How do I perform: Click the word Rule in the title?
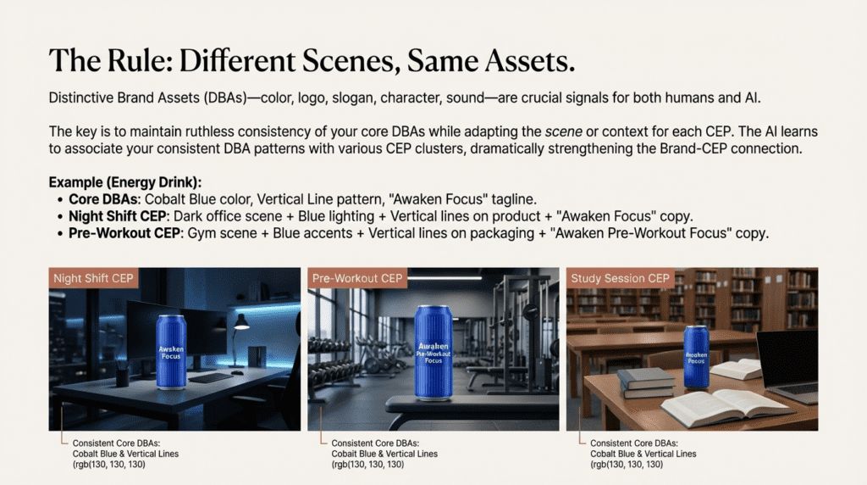point(138,60)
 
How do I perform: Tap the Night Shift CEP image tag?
point(93,278)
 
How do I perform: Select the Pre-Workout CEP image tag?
point(357,278)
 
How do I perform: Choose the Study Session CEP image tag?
point(620,278)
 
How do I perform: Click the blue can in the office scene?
point(171,352)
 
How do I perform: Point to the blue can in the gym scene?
point(433,352)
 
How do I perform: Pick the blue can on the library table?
point(696,357)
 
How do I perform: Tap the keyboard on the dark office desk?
point(211,378)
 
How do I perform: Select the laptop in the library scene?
point(788,365)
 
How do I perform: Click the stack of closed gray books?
point(647,383)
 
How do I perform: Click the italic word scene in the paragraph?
point(563,131)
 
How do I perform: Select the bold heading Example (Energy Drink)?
point(125,182)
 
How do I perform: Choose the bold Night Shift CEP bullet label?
point(117,216)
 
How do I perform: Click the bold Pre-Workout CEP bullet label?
point(124,233)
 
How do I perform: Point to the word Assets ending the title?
point(529,60)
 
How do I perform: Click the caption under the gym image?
point(384,454)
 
